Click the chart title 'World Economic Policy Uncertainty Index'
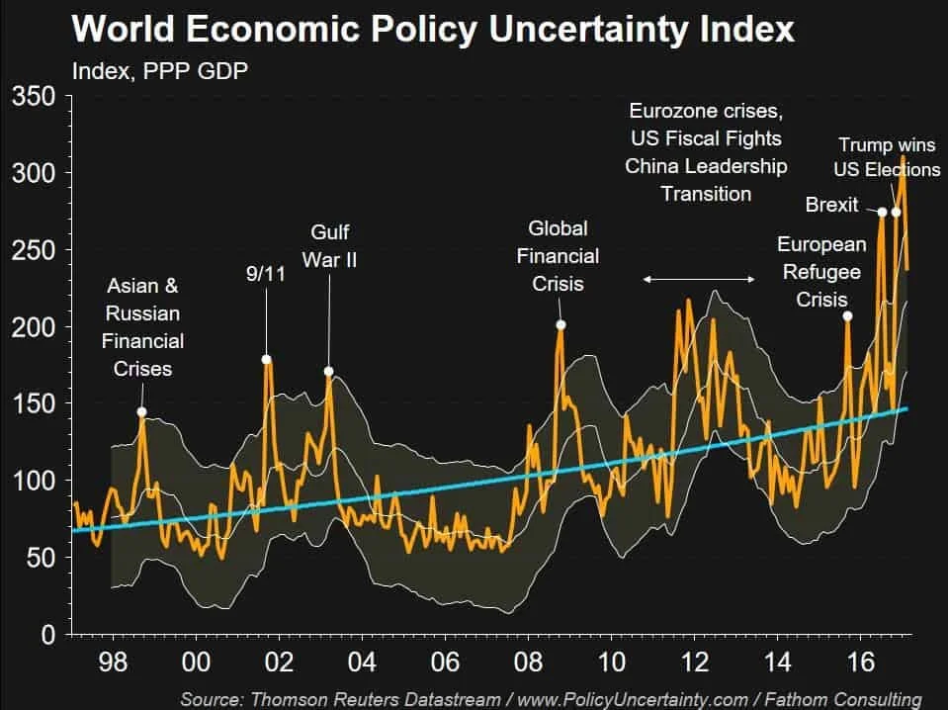[433, 30]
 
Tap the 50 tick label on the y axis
[44, 557]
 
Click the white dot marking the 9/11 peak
[266, 359]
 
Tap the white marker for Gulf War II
[329, 372]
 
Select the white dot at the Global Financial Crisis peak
[560, 324]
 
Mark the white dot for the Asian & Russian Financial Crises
[141, 411]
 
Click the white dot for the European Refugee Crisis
[847, 315]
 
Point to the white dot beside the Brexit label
[882, 211]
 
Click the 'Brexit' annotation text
[831, 206]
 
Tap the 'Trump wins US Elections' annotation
[887, 157]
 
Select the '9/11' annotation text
[265, 273]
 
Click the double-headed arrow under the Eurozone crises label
[699, 280]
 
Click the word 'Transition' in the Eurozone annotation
[706, 194]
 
